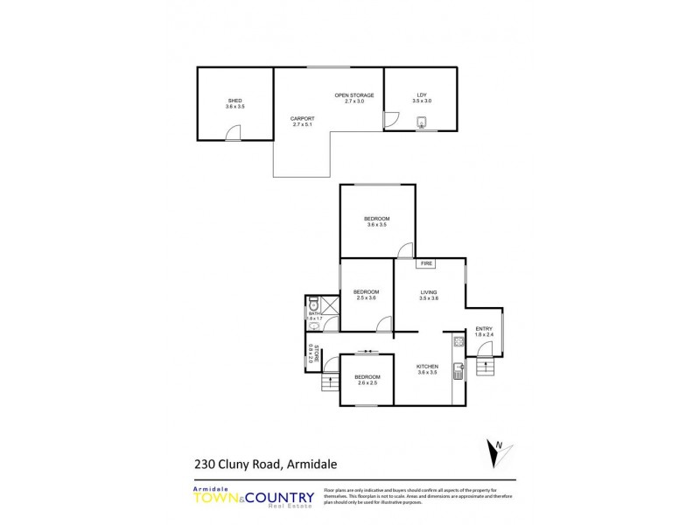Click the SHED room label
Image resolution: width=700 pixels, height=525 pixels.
[234, 103]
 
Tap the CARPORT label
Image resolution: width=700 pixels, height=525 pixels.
[303, 121]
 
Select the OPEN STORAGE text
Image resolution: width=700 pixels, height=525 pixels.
[353, 97]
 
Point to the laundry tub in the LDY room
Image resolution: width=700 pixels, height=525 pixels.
[423, 122]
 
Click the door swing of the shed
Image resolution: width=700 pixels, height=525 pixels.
[232, 132]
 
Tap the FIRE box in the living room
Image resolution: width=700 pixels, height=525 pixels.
[428, 263]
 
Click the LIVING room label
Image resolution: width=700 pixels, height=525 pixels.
[428, 295]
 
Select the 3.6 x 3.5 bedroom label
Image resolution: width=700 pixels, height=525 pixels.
[376, 221]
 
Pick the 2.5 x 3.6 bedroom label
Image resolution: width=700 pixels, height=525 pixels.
[366, 295]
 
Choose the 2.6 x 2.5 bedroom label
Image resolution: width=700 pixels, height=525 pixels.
[367, 380]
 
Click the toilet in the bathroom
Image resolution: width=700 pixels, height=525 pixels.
[313, 306]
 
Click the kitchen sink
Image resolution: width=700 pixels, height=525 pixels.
[457, 374]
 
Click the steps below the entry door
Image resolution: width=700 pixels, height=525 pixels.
[485, 366]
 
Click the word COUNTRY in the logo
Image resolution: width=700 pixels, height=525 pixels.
[279, 498]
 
